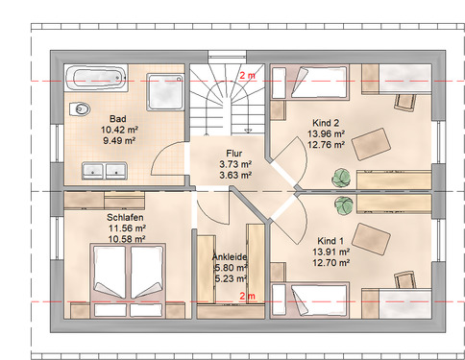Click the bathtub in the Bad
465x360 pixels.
pos(96,78)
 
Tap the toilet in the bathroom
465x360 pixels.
pos(80,109)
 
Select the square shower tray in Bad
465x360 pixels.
pos(165,92)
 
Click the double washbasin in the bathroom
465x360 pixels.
pos(105,171)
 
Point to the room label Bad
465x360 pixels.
pos(118,119)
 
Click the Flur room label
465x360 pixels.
pos(234,154)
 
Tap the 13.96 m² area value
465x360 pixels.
pos(326,133)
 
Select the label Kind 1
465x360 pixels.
pos(330,241)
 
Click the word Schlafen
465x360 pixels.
pos(125,218)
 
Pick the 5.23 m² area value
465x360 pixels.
pos(231,278)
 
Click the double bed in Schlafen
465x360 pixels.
pos(128,280)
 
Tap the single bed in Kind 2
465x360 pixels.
pos(309,83)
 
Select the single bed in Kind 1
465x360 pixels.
pos(309,300)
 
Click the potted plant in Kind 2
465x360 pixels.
pos(341,178)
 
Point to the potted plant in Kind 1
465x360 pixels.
pos(344,204)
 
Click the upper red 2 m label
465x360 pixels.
pos(248,76)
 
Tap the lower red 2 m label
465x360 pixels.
pos(248,296)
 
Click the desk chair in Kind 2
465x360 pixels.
pos(405,103)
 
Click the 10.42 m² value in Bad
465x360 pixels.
pos(119,130)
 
